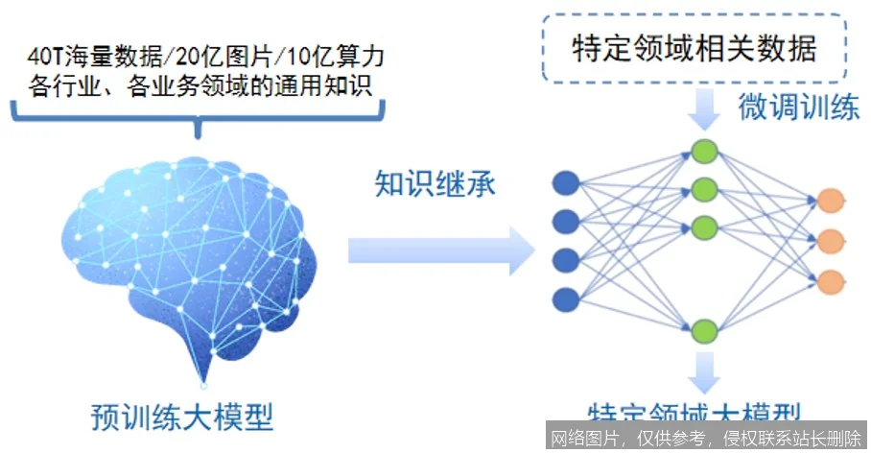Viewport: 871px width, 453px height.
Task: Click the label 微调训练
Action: pyautogui.click(x=798, y=108)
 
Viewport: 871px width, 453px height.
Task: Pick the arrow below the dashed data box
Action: pyautogui.click(x=704, y=113)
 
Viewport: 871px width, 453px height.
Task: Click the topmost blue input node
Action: pyautogui.click(x=565, y=182)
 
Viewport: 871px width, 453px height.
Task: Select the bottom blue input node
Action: pyautogui.click(x=565, y=298)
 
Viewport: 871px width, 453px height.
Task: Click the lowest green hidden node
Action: pyautogui.click(x=705, y=331)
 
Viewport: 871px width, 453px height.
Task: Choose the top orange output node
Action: pyautogui.click(x=830, y=200)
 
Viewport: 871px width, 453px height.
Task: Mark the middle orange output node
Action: pyautogui.click(x=830, y=240)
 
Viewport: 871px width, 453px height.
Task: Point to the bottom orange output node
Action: pyautogui.click(x=830, y=281)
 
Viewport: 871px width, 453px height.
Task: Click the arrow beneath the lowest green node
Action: pyautogui.click(x=705, y=369)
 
